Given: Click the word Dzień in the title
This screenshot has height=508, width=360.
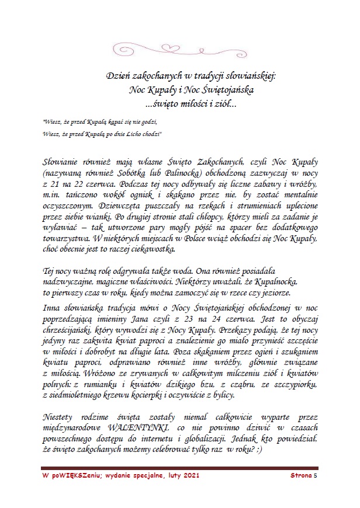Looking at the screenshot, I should pyautogui.click(x=119, y=76).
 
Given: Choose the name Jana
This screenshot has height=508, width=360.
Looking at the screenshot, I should pyautogui.click(x=150, y=320).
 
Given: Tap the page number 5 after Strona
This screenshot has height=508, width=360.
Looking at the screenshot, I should pyautogui.click(x=316, y=476).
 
